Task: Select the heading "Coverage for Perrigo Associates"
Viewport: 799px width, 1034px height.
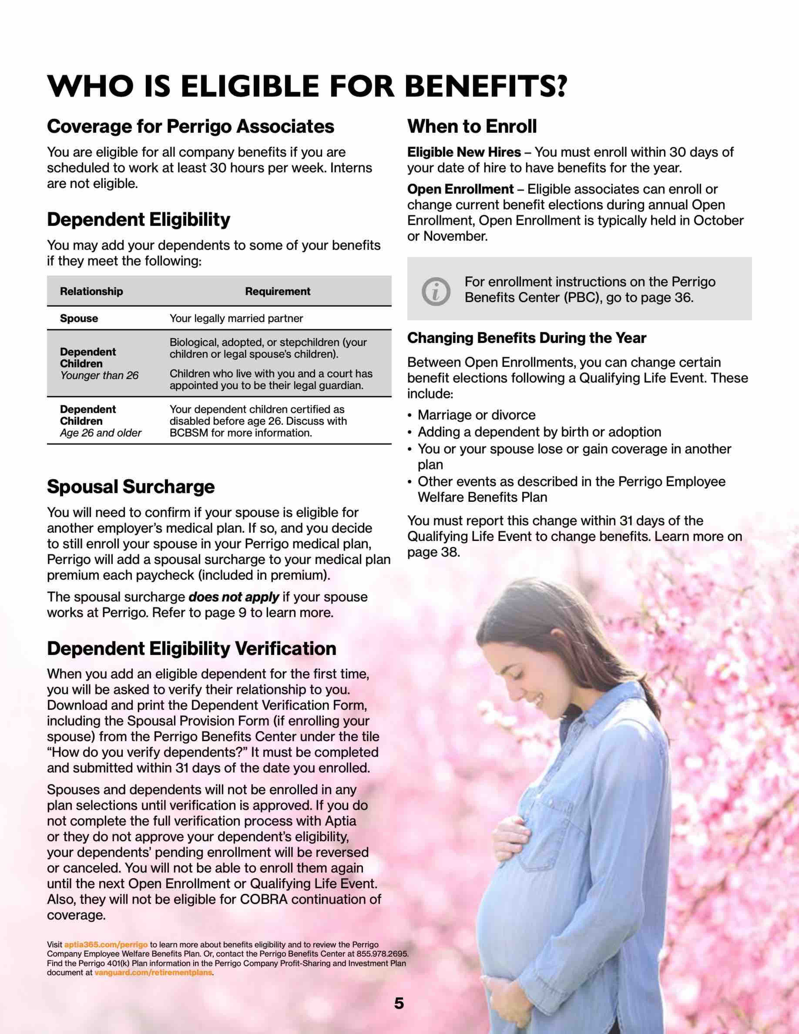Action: click(x=190, y=126)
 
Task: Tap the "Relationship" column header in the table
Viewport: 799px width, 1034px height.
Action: click(x=91, y=292)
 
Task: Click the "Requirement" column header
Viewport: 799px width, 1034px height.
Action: click(x=277, y=292)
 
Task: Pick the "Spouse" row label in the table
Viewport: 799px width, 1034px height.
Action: click(x=79, y=319)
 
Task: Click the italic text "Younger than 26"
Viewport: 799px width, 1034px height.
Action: click(x=99, y=375)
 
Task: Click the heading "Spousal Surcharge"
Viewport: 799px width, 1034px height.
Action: click(x=131, y=487)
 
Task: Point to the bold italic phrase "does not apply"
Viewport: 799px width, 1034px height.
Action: click(x=233, y=597)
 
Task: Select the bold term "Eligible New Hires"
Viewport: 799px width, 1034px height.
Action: click(x=464, y=153)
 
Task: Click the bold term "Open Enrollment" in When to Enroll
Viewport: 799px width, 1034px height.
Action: click(x=460, y=189)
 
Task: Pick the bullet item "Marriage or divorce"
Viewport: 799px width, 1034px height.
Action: click(x=476, y=415)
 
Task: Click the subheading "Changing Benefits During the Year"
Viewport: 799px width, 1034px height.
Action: click(x=526, y=338)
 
